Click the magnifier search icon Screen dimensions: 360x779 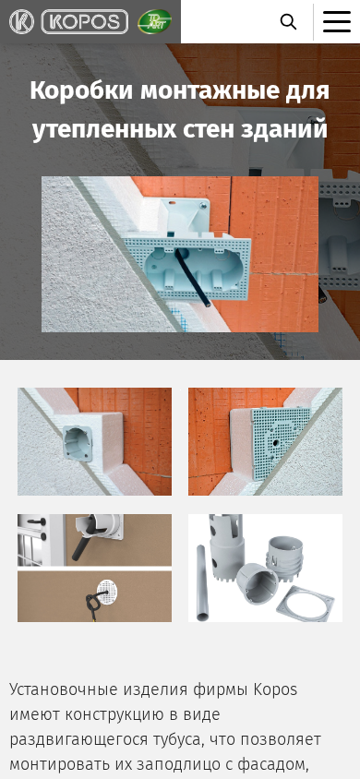[x=289, y=22]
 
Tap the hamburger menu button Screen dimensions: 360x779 [x=337, y=22]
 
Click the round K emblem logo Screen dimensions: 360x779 [x=21, y=22]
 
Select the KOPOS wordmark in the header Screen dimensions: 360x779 [x=84, y=22]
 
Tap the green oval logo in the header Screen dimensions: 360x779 [x=154, y=22]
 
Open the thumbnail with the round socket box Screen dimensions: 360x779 [x=94, y=442]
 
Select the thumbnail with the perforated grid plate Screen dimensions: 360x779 [x=265, y=442]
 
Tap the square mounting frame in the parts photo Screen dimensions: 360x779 [x=305, y=603]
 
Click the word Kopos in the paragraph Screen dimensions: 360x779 [x=276, y=690]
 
